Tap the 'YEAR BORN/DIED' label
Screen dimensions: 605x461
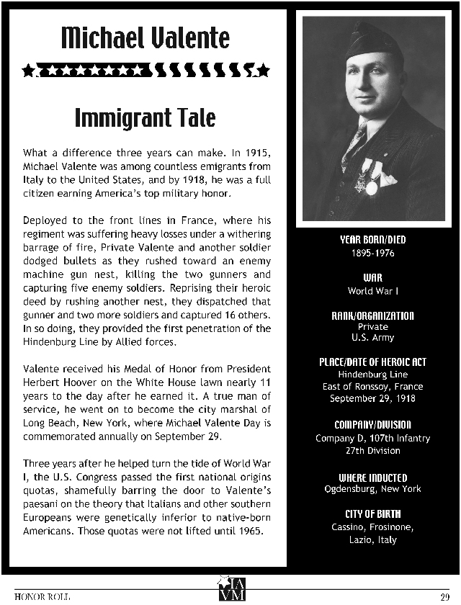[x=373, y=241]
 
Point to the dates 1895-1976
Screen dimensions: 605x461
[x=373, y=254]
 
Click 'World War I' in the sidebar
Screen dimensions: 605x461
[x=373, y=291]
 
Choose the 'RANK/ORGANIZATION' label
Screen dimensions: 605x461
[x=373, y=315]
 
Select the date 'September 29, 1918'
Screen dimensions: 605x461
[x=373, y=398]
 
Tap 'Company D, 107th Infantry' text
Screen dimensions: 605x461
[x=373, y=439]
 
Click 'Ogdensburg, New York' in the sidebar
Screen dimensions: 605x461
[x=373, y=490]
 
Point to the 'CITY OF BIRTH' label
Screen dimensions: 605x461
[x=373, y=514]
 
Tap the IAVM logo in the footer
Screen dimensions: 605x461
[x=231, y=588]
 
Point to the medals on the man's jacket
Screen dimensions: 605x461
[x=372, y=177]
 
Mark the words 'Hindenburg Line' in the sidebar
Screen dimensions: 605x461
[x=373, y=375]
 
